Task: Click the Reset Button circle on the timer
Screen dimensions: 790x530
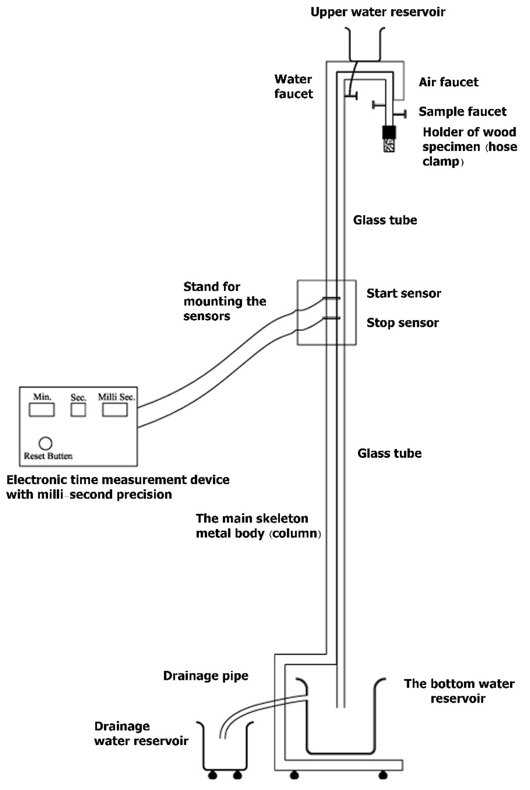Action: [46, 443]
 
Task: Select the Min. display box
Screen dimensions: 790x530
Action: [42, 410]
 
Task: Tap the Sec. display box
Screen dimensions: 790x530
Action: [78, 410]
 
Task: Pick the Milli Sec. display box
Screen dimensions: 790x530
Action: [115, 410]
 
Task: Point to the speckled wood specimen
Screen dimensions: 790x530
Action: [389, 145]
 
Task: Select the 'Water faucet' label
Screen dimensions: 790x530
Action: [293, 87]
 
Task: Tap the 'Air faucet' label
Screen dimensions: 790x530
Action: [449, 82]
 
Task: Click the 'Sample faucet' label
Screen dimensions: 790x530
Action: [462, 112]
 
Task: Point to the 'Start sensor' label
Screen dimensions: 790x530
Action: [404, 293]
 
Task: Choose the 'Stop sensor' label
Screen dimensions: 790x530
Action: [403, 323]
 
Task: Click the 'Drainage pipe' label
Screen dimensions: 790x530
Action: [206, 676]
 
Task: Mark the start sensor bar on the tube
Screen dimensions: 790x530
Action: [331, 298]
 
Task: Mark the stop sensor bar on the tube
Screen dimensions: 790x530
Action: [331, 318]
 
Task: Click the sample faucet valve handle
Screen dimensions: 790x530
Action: [402, 114]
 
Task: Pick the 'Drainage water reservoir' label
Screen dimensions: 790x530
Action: [141, 734]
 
